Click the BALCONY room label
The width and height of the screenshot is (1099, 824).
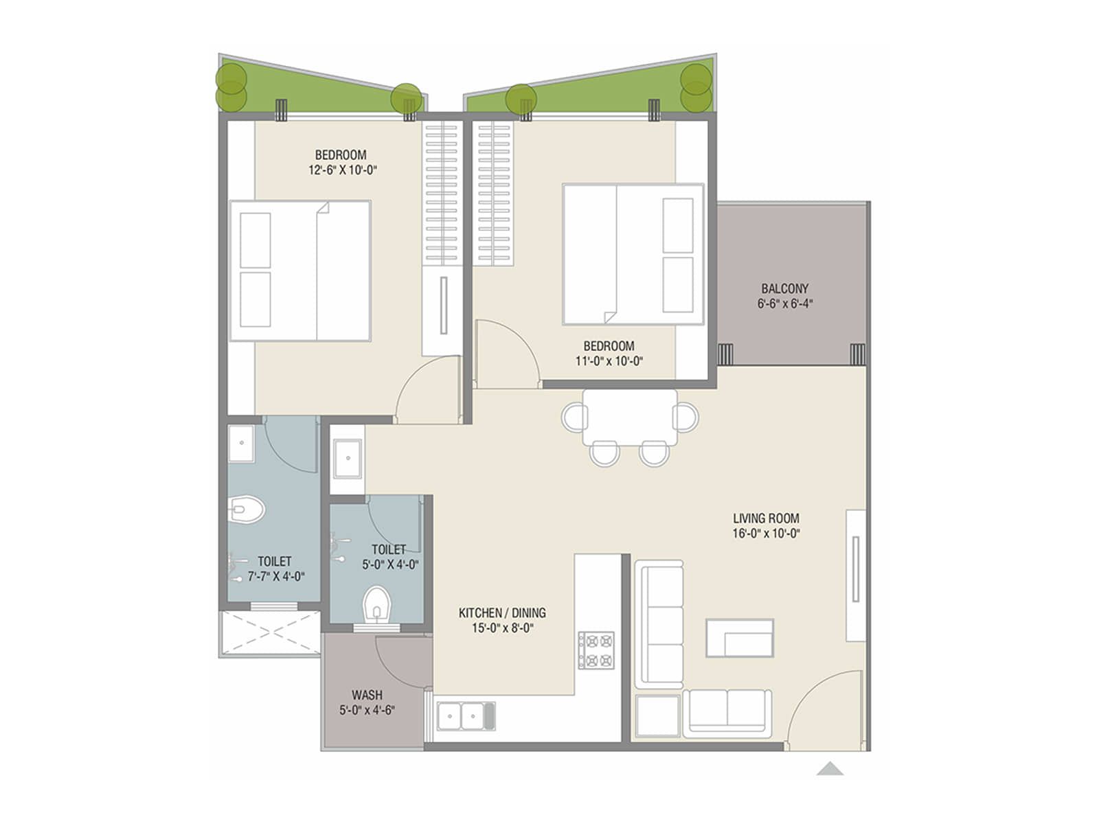point(784,288)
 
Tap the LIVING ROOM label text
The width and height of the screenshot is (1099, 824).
point(766,518)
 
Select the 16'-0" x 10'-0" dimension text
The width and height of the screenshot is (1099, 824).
point(766,534)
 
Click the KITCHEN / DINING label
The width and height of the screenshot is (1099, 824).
point(502,613)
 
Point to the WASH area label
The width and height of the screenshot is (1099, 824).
point(367,695)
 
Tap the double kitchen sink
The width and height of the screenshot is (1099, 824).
point(466,716)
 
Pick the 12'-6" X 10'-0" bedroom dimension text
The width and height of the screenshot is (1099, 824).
point(343,170)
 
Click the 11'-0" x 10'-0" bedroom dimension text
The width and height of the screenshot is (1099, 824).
point(609,361)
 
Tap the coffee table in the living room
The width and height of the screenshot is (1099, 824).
point(740,638)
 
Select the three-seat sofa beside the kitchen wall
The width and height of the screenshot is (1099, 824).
point(659,623)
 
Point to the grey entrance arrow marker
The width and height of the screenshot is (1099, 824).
point(830,768)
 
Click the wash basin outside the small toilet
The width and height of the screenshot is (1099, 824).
point(348,458)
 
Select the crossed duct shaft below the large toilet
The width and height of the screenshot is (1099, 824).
point(269,632)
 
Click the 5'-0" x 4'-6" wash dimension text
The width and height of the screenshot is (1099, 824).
point(367,711)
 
